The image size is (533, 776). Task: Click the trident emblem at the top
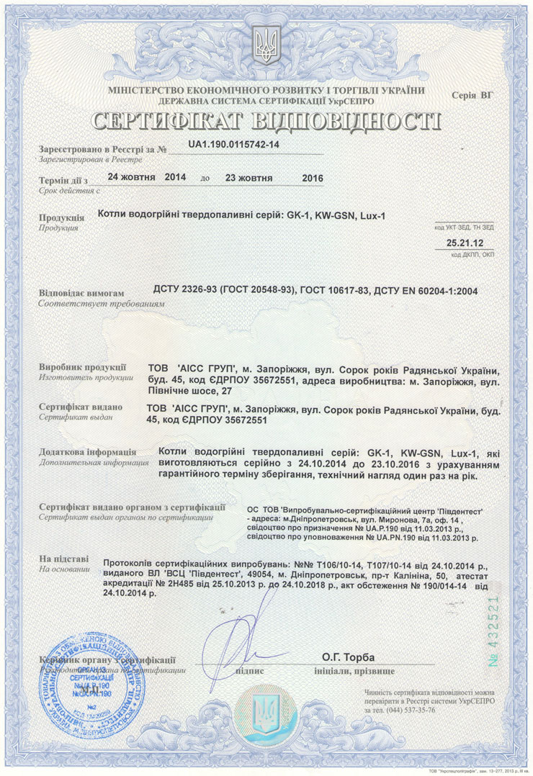click(x=266, y=45)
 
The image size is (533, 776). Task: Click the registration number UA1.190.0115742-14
click(x=233, y=145)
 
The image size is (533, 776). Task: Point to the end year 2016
click(x=313, y=178)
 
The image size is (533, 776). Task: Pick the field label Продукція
click(x=63, y=217)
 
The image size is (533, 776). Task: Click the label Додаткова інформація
click(x=83, y=451)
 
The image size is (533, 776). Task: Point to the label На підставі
click(x=64, y=558)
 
